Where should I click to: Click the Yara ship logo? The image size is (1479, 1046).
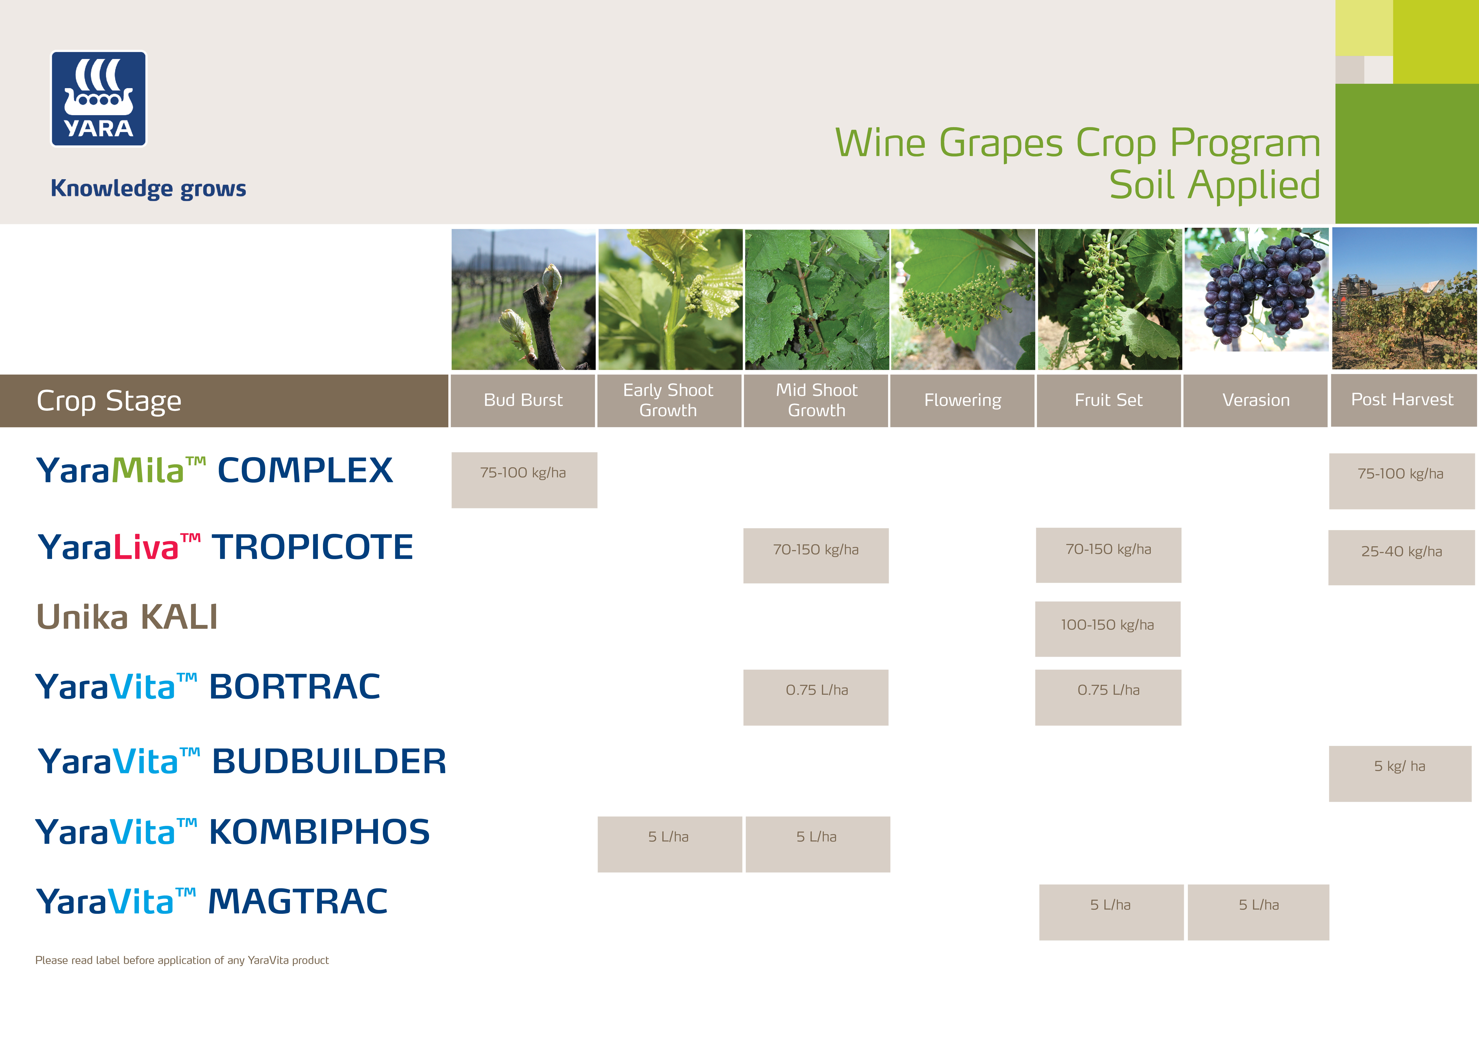pos(99,99)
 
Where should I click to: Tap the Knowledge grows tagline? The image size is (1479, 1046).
pos(148,189)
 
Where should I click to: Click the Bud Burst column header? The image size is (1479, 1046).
pos(523,400)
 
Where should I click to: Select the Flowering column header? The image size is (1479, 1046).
pos(962,400)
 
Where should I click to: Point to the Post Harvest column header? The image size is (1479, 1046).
pos(1403,400)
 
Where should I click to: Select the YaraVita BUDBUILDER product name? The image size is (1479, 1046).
pos(242,761)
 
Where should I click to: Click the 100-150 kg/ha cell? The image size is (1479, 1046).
pos(1108,629)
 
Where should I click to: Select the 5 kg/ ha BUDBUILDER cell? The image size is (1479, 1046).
pos(1400,774)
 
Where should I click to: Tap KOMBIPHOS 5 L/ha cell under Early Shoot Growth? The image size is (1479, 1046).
pos(670,844)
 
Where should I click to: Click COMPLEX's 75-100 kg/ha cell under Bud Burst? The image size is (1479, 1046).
pos(524,480)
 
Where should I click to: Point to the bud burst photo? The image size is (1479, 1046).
pos(523,299)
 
